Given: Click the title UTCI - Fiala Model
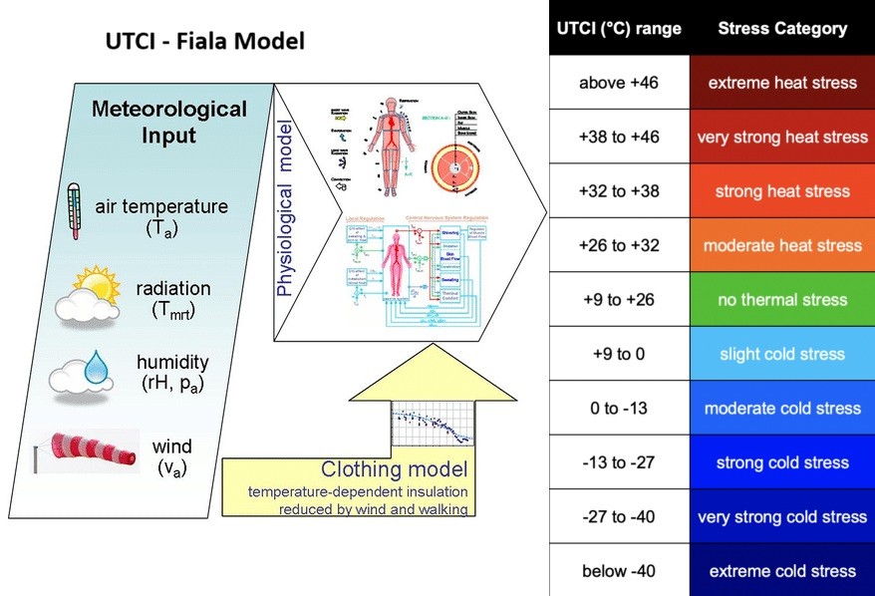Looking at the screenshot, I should (x=204, y=42).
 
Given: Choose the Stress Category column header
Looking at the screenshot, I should (x=781, y=28).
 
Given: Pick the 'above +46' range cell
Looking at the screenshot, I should (x=619, y=83).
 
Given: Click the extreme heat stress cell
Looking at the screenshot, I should (x=781, y=83).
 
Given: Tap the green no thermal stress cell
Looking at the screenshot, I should (x=781, y=299).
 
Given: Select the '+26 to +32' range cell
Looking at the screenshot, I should (x=619, y=245).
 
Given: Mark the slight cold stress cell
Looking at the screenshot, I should (x=781, y=354).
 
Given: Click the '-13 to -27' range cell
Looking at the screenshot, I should (x=619, y=462).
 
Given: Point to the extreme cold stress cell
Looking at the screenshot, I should (x=781, y=571).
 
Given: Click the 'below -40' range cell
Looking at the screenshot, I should (x=619, y=571).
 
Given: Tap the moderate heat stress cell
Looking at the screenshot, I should (x=781, y=245).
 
